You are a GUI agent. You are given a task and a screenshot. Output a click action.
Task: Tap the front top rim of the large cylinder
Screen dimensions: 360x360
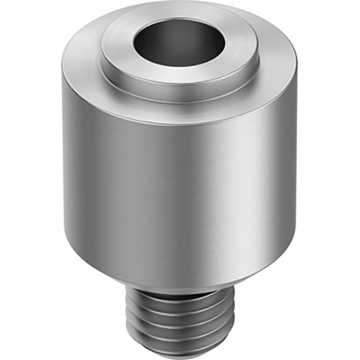[x=180, y=122]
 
